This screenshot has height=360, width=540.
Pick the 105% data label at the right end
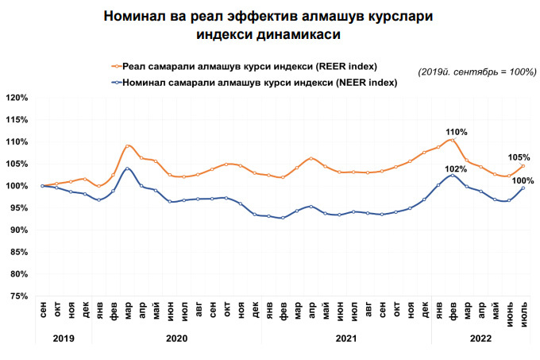coord(519,157)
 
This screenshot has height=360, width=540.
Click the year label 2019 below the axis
coord(64,337)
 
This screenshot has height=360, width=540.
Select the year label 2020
coord(176,337)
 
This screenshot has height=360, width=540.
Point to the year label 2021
coord(346,337)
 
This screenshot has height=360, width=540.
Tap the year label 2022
coord(480,337)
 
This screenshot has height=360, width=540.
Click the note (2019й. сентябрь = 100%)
coord(470,72)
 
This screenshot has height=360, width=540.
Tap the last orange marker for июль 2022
coord(523,165)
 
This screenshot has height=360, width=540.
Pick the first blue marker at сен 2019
coord(43,186)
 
